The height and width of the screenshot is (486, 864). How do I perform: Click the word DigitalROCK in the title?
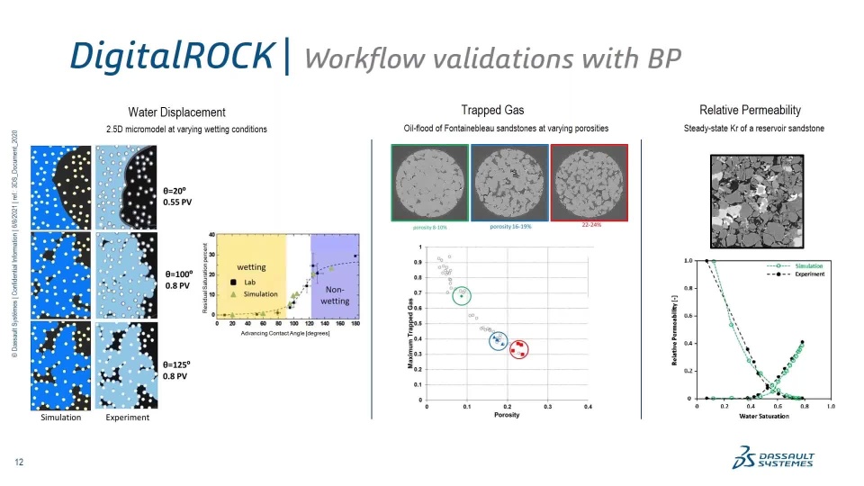pos(171,56)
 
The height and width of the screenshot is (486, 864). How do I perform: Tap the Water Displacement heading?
pos(176,112)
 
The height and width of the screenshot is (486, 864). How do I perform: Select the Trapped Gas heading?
pos(492,110)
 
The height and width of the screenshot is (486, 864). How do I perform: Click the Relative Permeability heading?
pos(743,110)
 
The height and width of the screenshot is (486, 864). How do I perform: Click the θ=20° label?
pos(175,191)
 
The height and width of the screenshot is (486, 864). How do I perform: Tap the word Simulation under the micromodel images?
pos(61,418)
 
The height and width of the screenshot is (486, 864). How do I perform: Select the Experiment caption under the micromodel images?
pos(127,418)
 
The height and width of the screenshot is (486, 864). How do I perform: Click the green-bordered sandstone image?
pos(429,183)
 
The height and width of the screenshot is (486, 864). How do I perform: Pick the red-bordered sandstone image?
pos(589,182)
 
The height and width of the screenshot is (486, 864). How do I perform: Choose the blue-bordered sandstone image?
pos(509,183)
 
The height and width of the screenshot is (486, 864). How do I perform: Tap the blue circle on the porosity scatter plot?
pos(499,340)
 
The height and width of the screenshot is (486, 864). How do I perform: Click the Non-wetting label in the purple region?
pos(335,295)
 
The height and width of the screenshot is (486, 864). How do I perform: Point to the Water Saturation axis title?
pos(763,416)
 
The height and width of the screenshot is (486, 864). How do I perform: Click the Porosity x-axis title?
pos(507,415)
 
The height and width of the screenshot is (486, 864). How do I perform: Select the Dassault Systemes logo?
pos(774,459)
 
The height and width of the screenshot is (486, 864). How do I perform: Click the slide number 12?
pos(18,463)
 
